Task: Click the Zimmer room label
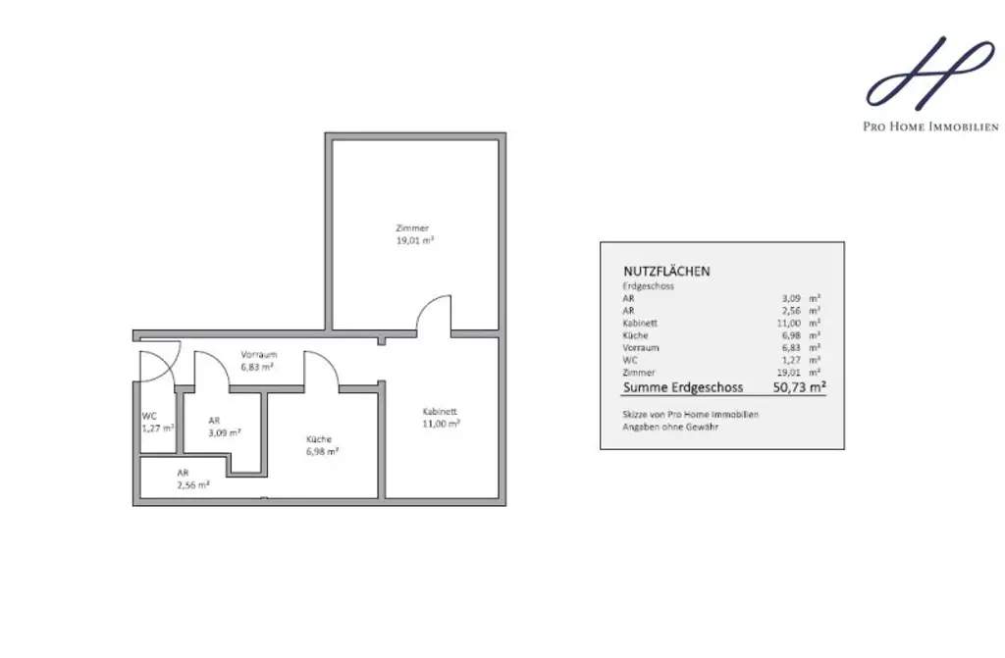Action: tap(412, 228)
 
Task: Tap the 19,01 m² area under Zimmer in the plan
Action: tap(414, 239)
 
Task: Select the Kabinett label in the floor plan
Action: tap(440, 411)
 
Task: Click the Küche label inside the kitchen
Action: tap(318, 439)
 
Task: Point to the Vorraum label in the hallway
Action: tap(259, 355)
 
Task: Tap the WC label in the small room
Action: tap(149, 416)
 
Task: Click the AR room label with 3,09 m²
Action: tap(214, 420)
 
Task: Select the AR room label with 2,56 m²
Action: tap(183, 473)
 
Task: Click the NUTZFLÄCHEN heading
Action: tap(666, 271)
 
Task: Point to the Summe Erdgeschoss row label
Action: tap(682, 387)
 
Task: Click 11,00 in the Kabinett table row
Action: tap(788, 323)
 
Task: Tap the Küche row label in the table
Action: tap(635, 335)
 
